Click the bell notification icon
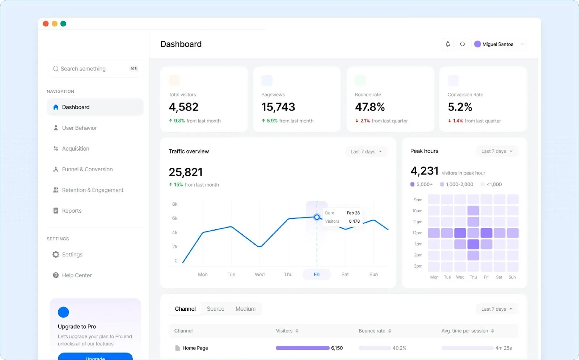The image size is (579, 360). coord(448,44)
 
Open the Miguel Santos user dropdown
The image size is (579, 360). coord(499,44)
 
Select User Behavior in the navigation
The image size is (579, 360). coord(79,128)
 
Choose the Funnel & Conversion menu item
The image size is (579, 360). coord(87,169)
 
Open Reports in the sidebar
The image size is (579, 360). coord(72,211)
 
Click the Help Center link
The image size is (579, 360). coord(77,275)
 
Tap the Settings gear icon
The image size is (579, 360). coord(56,255)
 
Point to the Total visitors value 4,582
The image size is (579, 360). coord(183,107)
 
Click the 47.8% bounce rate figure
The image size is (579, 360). coord(369,107)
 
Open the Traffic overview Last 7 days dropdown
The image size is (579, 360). coord(366,152)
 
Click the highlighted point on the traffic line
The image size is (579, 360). coord(317,217)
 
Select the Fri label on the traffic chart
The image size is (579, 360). coord(317,275)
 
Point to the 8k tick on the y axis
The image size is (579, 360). coord(175,204)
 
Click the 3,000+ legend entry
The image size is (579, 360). coord(422,184)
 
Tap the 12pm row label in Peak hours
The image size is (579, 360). coord(417,233)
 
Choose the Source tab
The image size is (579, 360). coord(215,309)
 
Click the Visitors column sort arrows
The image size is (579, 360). coord(297,331)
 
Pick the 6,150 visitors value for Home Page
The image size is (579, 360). coord(337,348)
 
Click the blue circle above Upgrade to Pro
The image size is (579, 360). coord(63,312)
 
